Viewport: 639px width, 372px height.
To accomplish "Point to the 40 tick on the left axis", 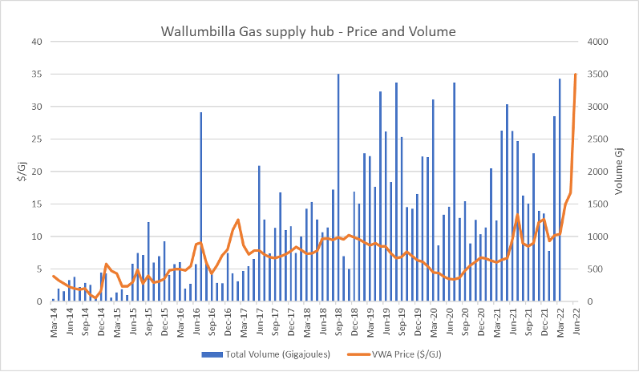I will pos(37,42).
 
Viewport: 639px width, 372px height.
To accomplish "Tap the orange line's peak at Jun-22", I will pos(575,75).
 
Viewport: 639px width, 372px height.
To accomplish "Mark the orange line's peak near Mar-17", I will pos(238,220).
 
